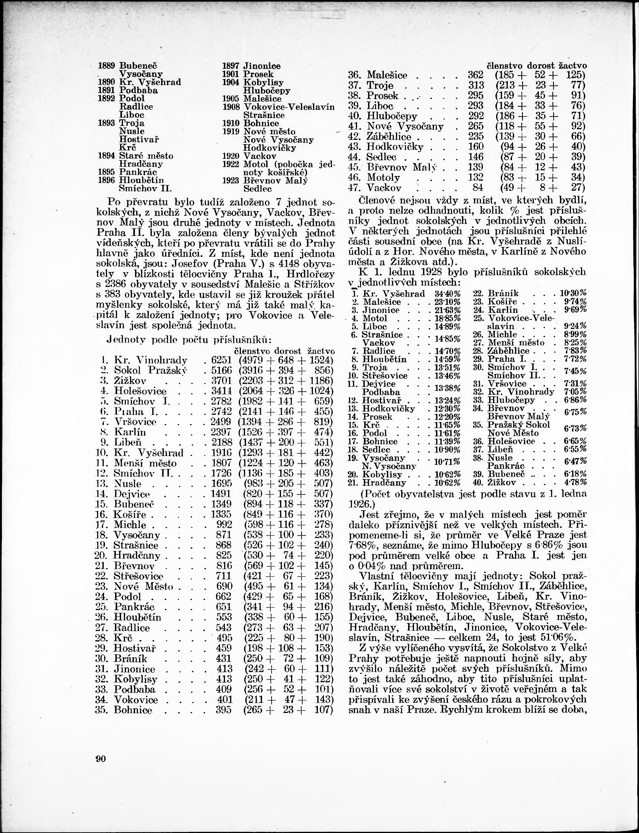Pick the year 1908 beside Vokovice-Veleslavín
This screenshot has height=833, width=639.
[231, 107]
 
